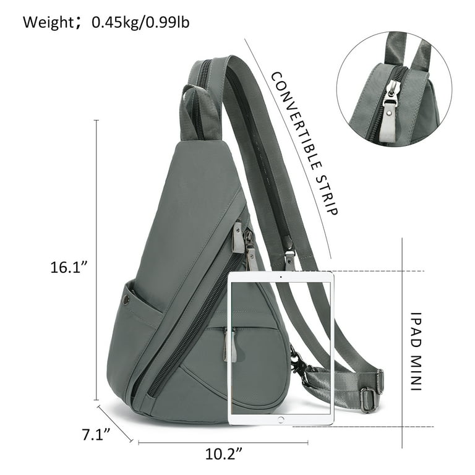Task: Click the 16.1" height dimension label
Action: pos(69,267)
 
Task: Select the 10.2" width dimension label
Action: pos(224,454)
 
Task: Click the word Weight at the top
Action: pos(47,22)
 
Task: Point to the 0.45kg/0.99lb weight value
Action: pos(141,22)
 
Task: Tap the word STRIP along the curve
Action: pos(327,194)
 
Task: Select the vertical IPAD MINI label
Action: pos(416,351)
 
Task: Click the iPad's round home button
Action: pos(281,420)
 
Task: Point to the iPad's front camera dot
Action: pos(281,276)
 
